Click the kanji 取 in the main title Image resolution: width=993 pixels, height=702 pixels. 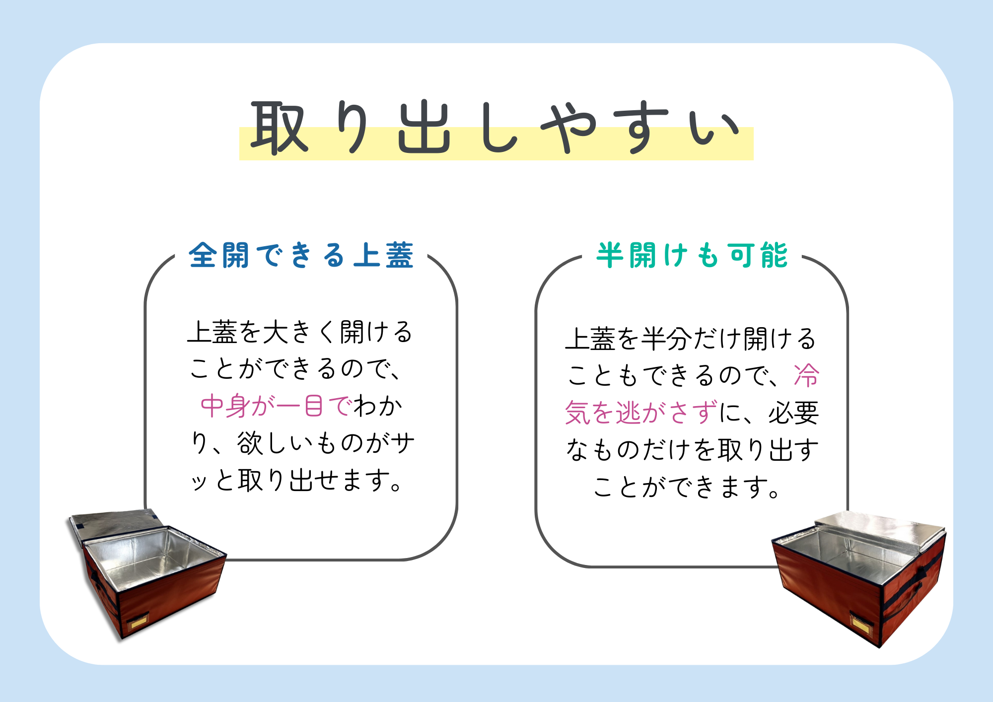tap(279, 128)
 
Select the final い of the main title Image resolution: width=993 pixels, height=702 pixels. tap(713, 128)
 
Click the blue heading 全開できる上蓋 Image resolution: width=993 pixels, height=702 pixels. tap(301, 256)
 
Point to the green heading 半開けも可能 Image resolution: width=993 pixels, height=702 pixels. tap(692, 256)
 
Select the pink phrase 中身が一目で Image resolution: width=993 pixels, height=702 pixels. tap(277, 406)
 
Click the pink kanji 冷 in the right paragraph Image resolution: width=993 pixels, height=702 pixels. tap(806, 375)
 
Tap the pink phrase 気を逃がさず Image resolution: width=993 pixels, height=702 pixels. tap(641, 413)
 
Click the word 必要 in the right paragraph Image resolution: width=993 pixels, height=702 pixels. tap(794, 413)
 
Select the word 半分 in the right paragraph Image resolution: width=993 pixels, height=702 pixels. tap(666, 339)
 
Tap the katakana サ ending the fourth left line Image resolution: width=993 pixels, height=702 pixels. tap(402, 443)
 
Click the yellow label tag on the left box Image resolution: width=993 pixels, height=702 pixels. tap(139, 622)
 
